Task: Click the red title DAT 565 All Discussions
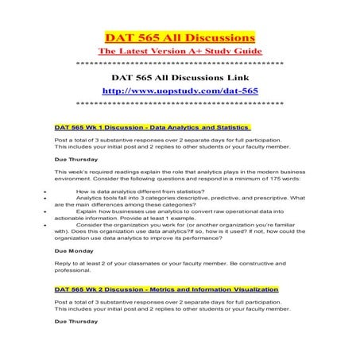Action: (x=180, y=37)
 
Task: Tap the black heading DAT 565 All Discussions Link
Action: (x=180, y=78)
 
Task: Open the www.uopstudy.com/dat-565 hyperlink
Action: (x=180, y=91)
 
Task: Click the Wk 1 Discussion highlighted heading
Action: (x=151, y=127)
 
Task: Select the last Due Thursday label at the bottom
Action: (x=76, y=321)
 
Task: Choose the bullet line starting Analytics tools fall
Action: (x=191, y=198)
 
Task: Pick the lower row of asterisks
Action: (x=180, y=103)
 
